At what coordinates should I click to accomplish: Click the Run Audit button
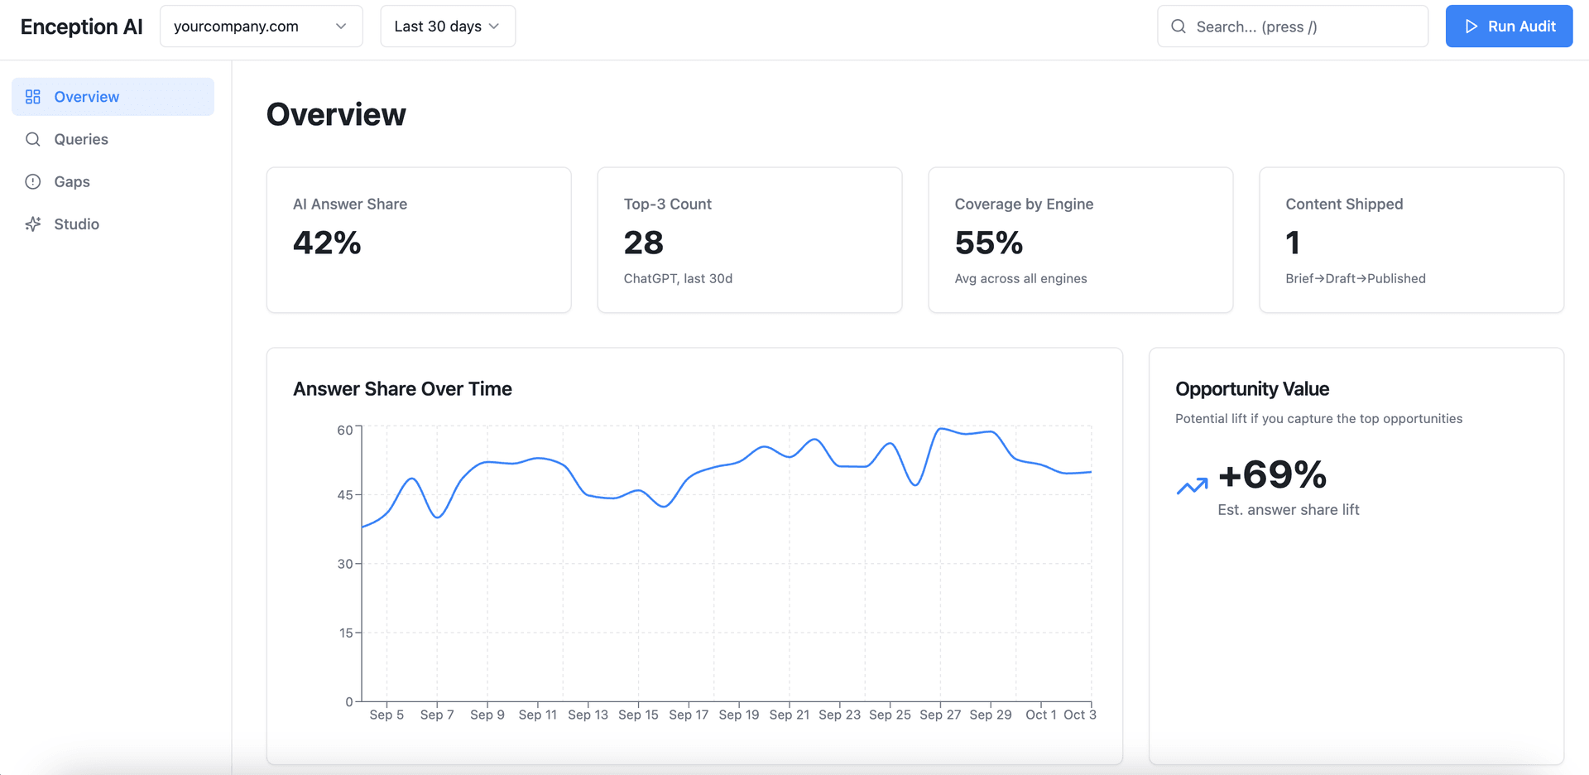pos(1509,26)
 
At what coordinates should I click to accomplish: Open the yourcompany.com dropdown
pos(261,26)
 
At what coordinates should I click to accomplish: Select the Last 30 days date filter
pos(447,26)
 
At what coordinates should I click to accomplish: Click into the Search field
pos(1303,26)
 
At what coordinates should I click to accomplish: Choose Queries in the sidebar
pos(81,139)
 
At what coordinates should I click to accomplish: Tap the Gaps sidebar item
pos(72,181)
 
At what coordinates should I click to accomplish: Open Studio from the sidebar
pos(76,224)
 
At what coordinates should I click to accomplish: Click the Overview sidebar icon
pos(33,97)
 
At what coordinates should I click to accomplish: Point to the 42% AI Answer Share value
pos(327,243)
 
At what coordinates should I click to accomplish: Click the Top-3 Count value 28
pos(643,243)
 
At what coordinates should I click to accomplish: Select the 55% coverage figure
pos(988,243)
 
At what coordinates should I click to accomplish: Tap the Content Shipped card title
pos(1344,204)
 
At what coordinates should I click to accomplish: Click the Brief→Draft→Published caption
pos(1355,278)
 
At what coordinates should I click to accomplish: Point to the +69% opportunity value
pos(1272,474)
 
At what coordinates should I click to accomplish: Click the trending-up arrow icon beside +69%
pos(1192,486)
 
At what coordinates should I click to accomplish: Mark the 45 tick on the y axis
pos(345,495)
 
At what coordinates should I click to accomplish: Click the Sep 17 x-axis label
pos(689,715)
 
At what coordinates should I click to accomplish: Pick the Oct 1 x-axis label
pos(1040,715)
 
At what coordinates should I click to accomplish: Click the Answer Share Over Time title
pos(402,388)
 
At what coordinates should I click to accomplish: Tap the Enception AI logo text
pos(81,26)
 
